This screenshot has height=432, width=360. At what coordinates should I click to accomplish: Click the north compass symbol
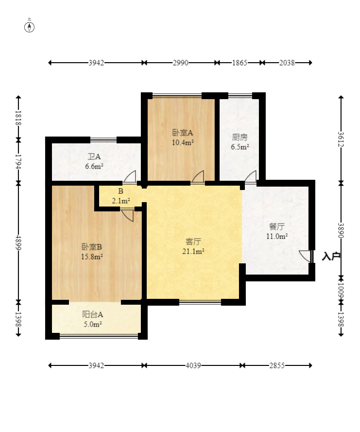pyautogui.click(x=30, y=27)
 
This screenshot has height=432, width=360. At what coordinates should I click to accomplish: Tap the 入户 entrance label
pyautogui.click(x=331, y=257)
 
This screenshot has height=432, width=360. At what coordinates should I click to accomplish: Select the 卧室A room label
pyautogui.click(x=183, y=133)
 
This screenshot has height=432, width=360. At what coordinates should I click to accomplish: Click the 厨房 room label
pyautogui.click(x=240, y=137)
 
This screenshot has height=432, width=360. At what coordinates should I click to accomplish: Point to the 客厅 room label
pyautogui.click(x=193, y=242)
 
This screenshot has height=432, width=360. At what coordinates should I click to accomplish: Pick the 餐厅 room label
pyautogui.click(x=277, y=227)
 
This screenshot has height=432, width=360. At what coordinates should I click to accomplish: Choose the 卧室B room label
pyautogui.click(x=92, y=247)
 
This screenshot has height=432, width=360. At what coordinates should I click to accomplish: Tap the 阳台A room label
pyautogui.click(x=92, y=314)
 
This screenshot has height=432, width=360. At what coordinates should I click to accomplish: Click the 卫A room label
pyautogui.click(x=94, y=157)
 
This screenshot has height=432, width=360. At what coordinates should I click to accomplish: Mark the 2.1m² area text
pyautogui.click(x=121, y=201)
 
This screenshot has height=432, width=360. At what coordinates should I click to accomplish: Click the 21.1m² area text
pyautogui.click(x=193, y=251)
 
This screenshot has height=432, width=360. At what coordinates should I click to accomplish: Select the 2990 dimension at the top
pyautogui.click(x=181, y=63)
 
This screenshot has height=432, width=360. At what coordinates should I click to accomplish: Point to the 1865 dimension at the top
pyautogui.click(x=240, y=63)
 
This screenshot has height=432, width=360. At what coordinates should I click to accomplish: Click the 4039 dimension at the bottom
pyautogui.click(x=193, y=365)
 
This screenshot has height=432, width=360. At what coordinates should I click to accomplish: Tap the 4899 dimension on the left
pyautogui.click(x=18, y=242)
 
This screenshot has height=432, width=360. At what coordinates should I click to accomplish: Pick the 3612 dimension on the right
pyautogui.click(x=341, y=139)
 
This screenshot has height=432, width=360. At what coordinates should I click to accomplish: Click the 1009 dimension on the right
pyautogui.click(x=341, y=290)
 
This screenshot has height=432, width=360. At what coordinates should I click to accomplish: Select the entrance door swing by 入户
pyautogui.click(x=305, y=256)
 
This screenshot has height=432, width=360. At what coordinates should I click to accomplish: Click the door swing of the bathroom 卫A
pyautogui.click(x=130, y=176)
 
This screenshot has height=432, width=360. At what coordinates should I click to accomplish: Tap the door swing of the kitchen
pyautogui.click(x=251, y=176)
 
